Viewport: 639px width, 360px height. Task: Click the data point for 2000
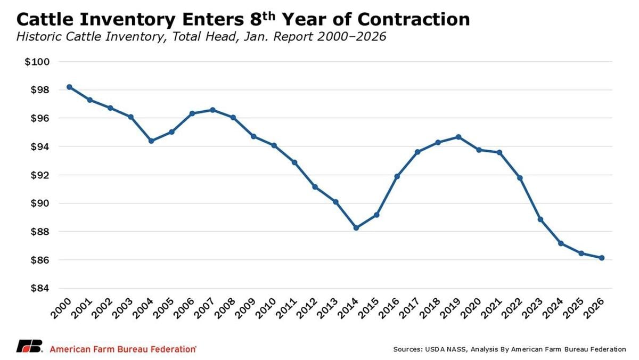tap(69, 87)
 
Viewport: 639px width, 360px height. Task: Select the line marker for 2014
tap(356, 228)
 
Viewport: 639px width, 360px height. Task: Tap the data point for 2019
tap(458, 137)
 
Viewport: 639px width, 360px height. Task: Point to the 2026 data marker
tap(602, 258)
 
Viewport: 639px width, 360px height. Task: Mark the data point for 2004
tap(151, 141)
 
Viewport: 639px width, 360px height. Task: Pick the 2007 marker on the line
tap(213, 110)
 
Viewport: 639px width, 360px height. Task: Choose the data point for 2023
tap(540, 219)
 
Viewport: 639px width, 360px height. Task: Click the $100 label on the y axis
tap(37, 62)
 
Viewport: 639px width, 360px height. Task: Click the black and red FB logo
tap(29, 346)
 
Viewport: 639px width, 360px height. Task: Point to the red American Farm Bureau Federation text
tap(122, 349)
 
